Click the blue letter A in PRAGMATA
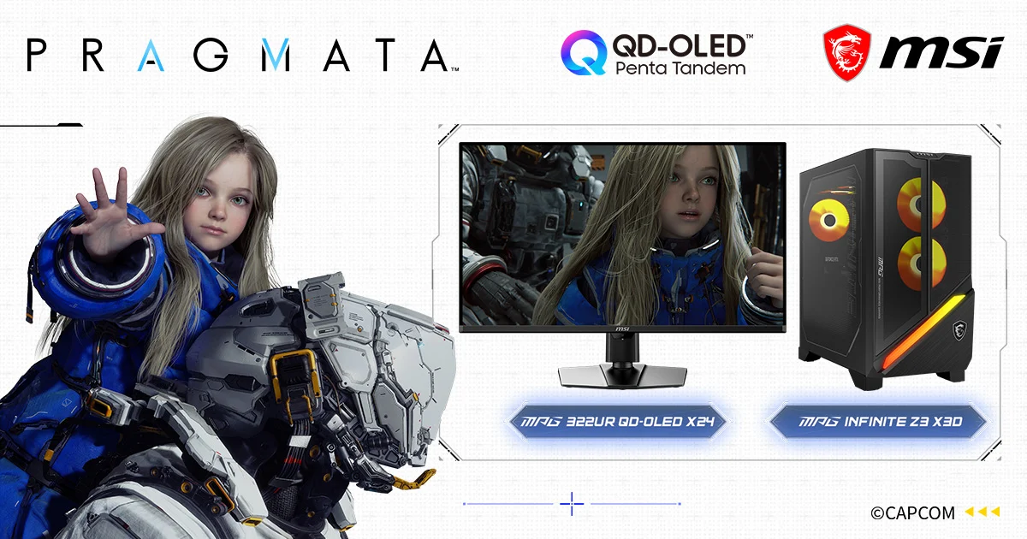[x=151, y=55]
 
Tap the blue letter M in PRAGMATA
[x=276, y=55]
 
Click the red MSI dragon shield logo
[x=846, y=53]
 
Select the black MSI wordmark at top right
[x=941, y=54]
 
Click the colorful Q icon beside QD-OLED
[x=584, y=52]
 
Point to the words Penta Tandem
[x=680, y=68]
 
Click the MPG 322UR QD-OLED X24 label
[x=618, y=421]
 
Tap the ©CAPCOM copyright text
[x=912, y=512]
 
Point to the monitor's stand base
[x=622, y=376]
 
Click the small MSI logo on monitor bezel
[x=622, y=329]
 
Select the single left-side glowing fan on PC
[x=829, y=221]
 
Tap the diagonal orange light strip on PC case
[x=925, y=331]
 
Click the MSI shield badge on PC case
[x=959, y=330]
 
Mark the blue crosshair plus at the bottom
[x=572, y=504]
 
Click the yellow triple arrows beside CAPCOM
[x=982, y=512]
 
